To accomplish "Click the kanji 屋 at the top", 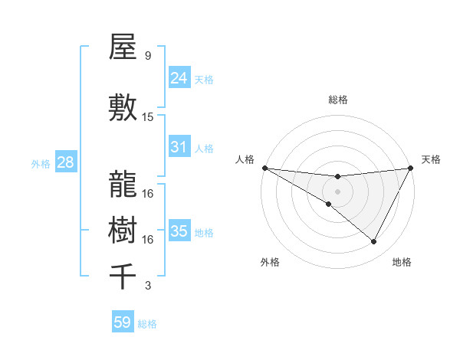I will [x=123, y=47].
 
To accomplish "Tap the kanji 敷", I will [x=123, y=107].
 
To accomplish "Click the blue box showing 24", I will [x=179, y=78].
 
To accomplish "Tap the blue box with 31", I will [x=179, y=147].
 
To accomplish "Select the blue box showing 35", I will [x=179, y=231].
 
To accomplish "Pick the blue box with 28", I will [x=64, y=163].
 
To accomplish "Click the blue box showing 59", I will [x=123, y=322].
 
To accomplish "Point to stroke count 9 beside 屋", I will [x=147, y=56].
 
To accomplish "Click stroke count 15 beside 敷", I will [x=148, y=116].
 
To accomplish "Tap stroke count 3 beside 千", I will [x=147, y=286].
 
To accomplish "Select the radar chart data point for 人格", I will [x=264, y=168].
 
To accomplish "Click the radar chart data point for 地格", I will [x=374, y=242].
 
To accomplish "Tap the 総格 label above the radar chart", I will [x=338, y=100].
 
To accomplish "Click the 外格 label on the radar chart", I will [x=270, y=262].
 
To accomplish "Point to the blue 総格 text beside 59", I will [x=147, y=324].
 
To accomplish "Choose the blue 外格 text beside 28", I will [x=40, y=164].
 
